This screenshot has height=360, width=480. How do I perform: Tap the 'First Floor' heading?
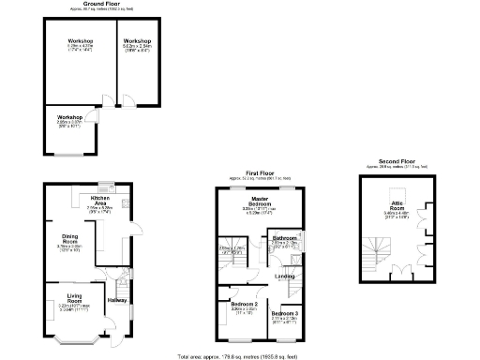pos(259,173)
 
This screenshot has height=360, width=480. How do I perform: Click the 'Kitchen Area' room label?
pos(100,201)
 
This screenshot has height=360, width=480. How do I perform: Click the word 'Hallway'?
pos(117,300)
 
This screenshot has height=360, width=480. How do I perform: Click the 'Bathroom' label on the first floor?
pos(285,238)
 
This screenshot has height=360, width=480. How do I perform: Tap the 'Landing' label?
pos(285,276)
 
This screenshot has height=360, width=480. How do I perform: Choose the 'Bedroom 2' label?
pos(244,304)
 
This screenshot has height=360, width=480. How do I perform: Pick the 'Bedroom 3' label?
pos(285,312)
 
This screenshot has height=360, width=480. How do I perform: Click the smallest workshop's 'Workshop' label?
pos(69,117)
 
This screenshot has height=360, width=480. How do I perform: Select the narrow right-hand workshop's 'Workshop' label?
pos(137,41)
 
